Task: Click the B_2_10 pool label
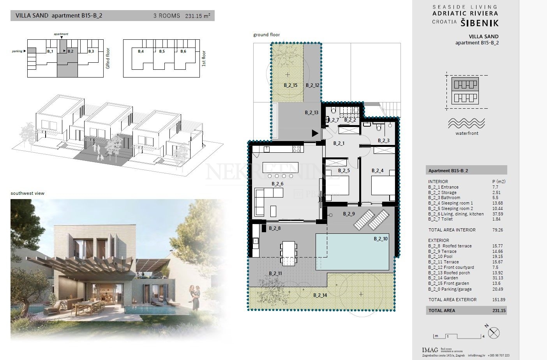tap(381, 239)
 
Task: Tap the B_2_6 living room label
tap(277, 184)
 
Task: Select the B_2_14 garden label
tap(320, 295)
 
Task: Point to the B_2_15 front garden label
tap(291, 85)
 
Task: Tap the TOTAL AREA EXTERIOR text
tap(452, 300)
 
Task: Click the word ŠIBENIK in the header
tap(480, 23)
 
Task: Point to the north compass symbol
tap(494, 333)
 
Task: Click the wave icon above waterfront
tap(467, 123)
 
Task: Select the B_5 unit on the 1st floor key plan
tap(162, 51)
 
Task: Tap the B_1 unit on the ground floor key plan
tap(50, 51)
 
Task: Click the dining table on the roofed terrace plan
tap(289, 252)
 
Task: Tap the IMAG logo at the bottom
tap(430, 349)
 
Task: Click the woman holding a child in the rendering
tap(195, 298)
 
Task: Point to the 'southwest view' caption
tap(28, 193)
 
